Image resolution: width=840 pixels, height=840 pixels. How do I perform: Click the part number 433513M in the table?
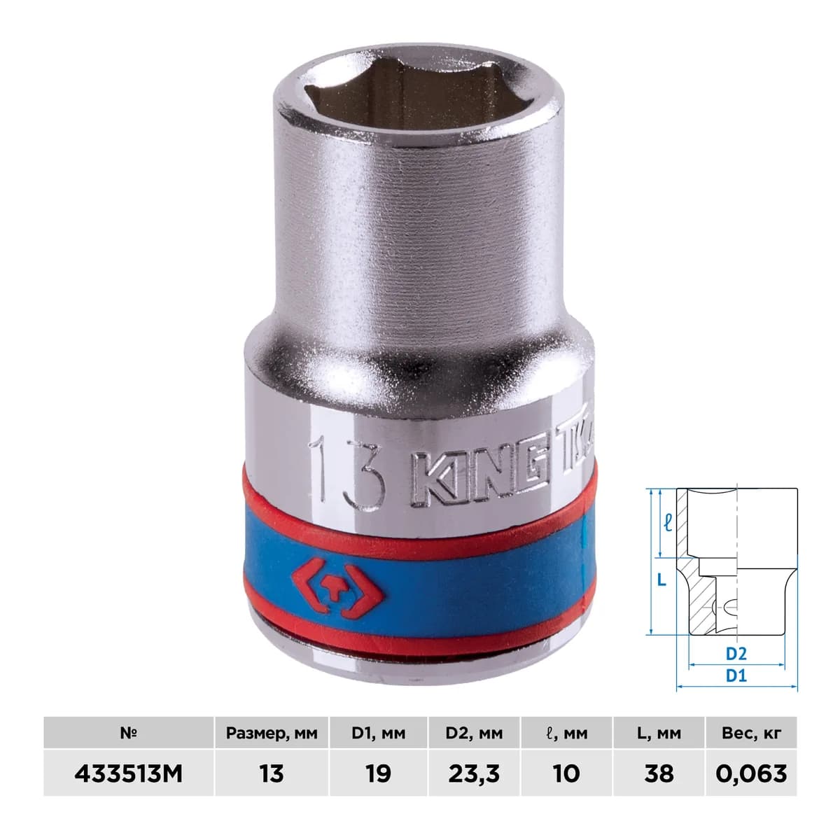[128, 773]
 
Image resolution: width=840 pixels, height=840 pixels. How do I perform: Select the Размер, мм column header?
[271, 734]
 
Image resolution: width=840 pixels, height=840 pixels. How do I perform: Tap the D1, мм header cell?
[379, 734]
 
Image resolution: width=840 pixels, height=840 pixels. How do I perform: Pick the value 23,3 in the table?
[474, 773]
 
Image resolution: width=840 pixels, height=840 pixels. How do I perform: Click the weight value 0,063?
[752, 773]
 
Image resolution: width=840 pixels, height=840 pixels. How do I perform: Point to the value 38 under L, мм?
[659, 773]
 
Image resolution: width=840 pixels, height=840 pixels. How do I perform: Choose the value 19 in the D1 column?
[378, 773]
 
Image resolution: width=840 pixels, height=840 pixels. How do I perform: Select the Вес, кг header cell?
[752, 734]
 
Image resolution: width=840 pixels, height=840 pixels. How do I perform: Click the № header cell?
[128, 734]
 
